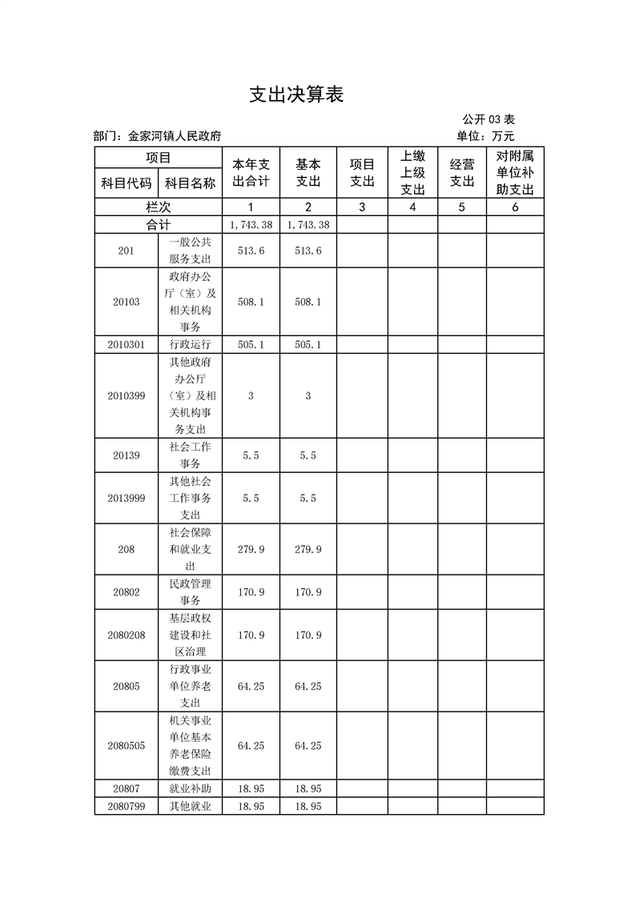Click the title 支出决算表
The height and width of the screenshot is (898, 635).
[296, 95]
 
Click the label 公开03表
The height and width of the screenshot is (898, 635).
[488, 120]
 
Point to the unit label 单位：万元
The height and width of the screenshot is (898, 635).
[485, 137]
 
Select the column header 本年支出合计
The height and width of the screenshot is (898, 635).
[251, 173]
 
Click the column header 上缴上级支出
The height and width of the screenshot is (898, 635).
[412, 173]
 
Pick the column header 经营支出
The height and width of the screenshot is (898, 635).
[462, 173]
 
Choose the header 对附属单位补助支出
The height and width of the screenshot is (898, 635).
[515, 173]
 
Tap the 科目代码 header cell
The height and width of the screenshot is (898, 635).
[126, 183]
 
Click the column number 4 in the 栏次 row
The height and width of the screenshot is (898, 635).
[412, 207]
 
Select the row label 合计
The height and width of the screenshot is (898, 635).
[159, 225]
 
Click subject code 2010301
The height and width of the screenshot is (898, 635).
[127, 345]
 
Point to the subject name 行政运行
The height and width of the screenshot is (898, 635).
[191, 345]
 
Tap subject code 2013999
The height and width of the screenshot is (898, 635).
[127, 499]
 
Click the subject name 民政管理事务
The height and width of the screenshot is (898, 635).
[191, 592]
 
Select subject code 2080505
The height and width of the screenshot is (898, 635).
[127, 746]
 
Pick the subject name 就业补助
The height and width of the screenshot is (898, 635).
[191, 789]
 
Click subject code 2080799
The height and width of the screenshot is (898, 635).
[127, 807]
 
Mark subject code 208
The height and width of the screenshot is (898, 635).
[127, 550]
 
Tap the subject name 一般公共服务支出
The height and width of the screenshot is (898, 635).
[191, 251]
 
